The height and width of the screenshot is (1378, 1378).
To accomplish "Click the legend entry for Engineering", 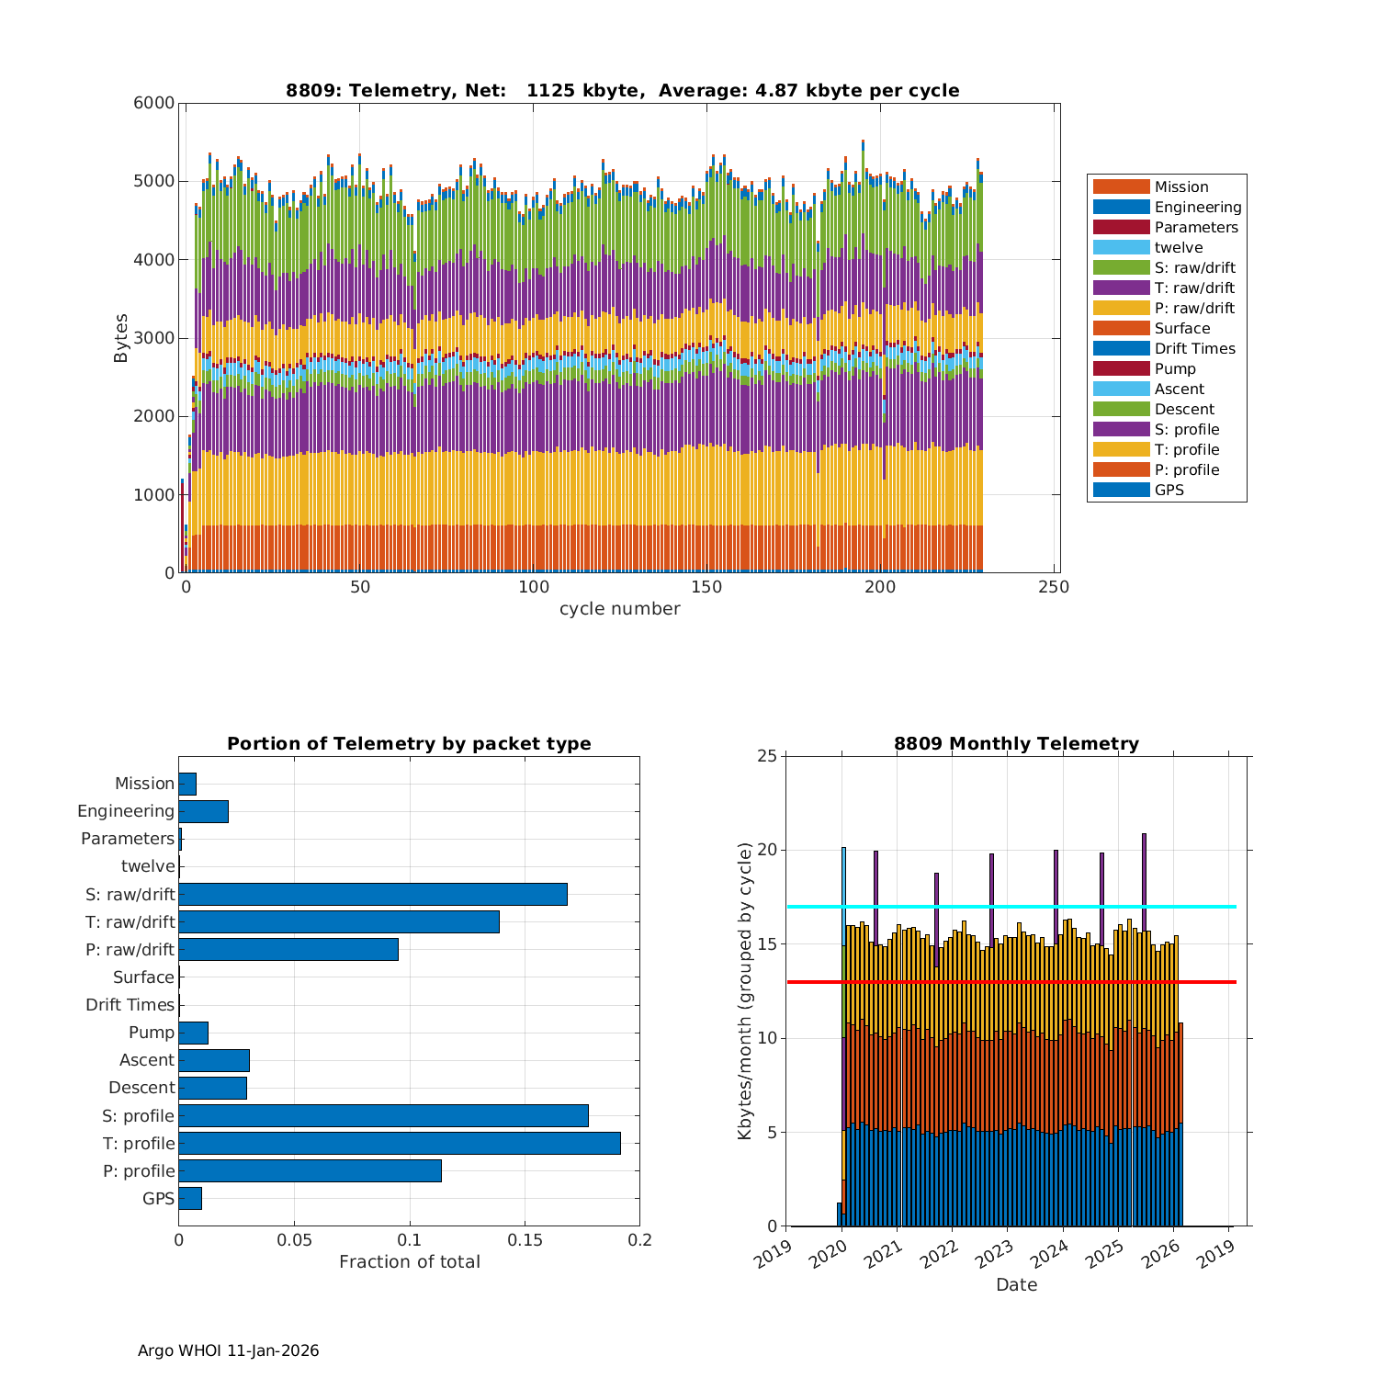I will pos(1197,208).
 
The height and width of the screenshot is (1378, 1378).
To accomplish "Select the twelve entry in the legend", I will pos(1178,248).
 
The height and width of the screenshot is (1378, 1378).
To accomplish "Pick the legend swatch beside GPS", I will pos(1121,491).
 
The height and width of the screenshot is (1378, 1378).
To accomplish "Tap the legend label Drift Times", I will pos(1194,349).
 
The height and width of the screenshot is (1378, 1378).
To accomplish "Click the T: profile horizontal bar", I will pos(400,1144).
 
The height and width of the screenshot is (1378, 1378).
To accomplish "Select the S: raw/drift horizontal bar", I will pos(373,895).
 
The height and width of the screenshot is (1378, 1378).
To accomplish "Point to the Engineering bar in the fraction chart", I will pos(203,812).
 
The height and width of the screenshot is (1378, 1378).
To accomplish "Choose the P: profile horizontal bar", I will pos(310,1171).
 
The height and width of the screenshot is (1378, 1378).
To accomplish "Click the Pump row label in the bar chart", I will pos(152,1033).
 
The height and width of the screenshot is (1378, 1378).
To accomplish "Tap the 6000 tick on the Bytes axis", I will pos(154,104).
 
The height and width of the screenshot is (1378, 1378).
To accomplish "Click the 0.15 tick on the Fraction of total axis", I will pos(525,1240).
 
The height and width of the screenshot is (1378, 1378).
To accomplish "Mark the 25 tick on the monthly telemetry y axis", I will pos(766,757).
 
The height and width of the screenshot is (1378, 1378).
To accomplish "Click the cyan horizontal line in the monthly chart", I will pos(1011,907).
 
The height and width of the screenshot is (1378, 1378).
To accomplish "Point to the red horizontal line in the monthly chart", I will pos(1011,982).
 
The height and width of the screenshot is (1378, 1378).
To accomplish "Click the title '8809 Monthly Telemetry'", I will pos(1016,744).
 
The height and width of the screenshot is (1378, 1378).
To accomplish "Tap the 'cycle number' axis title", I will pos(620,609).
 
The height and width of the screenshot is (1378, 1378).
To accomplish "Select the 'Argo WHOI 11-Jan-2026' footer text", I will pos(228,1350).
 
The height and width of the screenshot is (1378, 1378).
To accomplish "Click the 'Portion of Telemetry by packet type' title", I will pos(409,744).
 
